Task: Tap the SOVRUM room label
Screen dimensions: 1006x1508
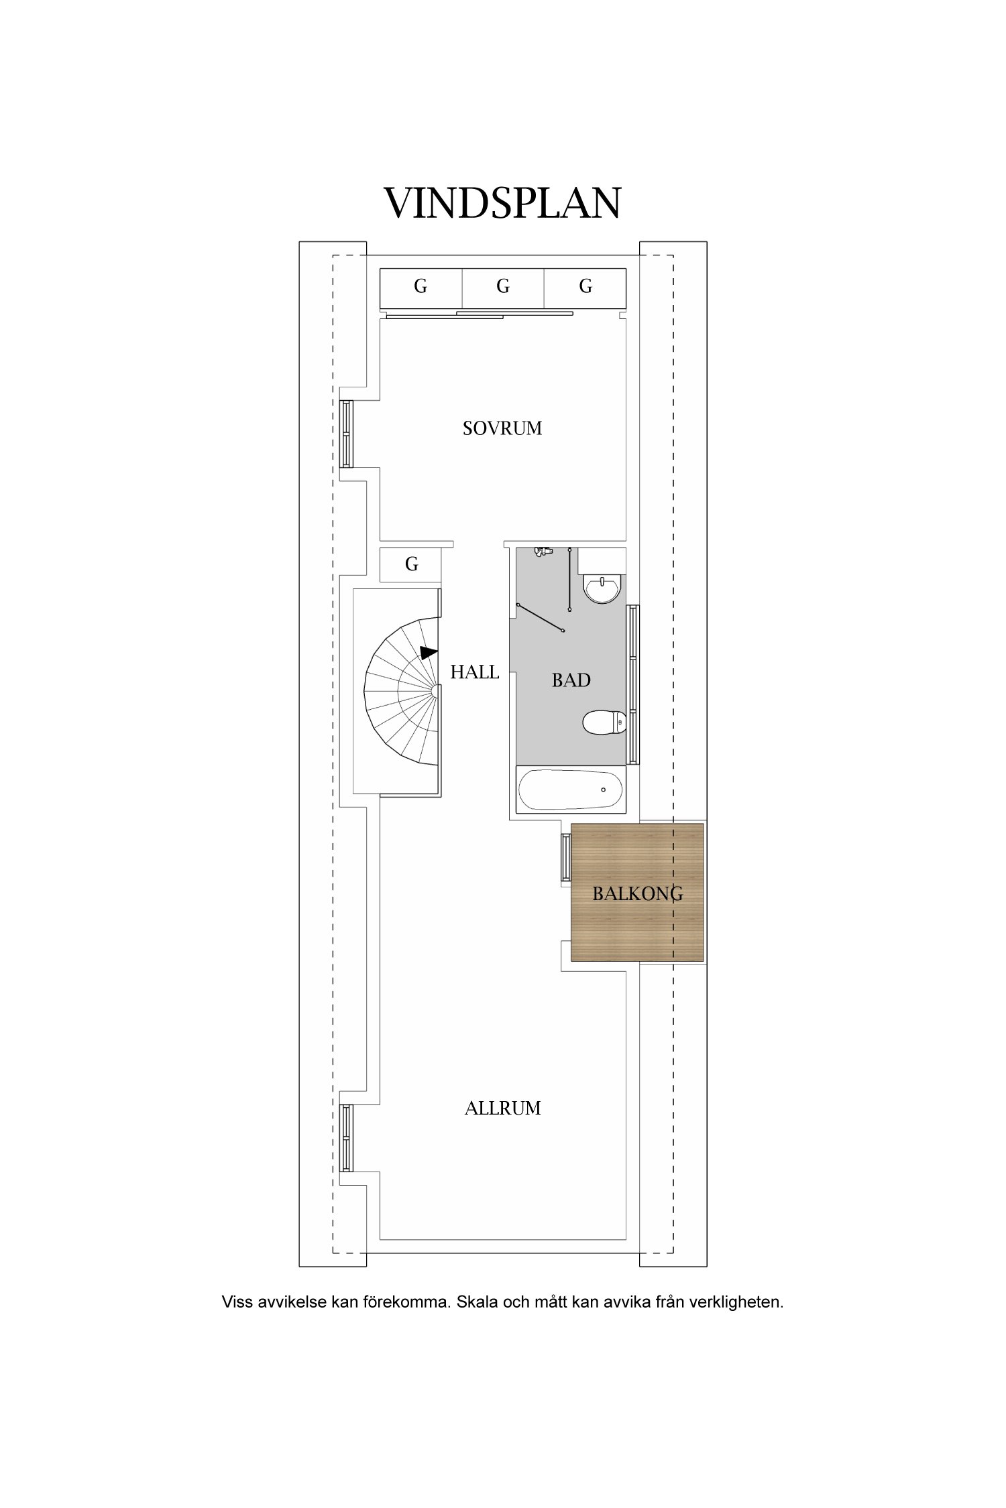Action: (502, 428)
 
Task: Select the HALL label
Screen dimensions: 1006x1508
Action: (475, 672)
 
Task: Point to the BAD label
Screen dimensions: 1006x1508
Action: (571, 680)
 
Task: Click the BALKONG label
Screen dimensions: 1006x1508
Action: (638, 893)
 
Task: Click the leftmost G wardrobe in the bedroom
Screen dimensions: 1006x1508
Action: (421, 289)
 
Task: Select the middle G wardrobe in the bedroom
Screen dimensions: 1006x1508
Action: (503, 289)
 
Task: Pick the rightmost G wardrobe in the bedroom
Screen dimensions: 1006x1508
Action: (585, 289)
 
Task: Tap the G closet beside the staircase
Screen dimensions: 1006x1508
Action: (411, 565)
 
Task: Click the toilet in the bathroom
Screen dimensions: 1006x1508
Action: (604, 723)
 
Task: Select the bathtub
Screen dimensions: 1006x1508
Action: (571, 791)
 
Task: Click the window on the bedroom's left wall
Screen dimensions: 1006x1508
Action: (347, 434)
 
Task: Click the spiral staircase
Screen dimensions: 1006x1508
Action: (402, 691)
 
